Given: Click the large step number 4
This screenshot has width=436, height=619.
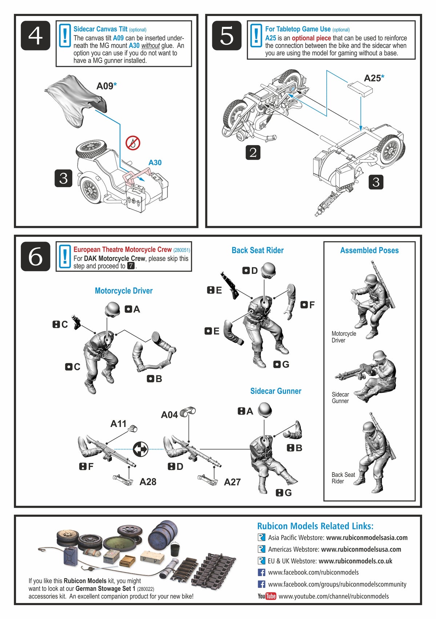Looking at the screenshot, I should (35, 36).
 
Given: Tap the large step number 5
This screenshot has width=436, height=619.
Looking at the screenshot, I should (227, 36).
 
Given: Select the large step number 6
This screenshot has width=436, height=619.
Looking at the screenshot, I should (35, 256).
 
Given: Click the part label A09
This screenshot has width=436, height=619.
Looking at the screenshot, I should (105, 86).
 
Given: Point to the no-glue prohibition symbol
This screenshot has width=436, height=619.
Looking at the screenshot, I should (133, 143).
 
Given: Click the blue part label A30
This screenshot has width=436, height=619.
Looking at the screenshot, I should (155, 163).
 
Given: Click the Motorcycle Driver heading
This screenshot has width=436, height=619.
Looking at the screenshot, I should (124, 291).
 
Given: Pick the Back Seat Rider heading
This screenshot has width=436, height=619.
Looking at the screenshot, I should (258, 250).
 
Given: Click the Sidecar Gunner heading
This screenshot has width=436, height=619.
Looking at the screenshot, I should (276, 391).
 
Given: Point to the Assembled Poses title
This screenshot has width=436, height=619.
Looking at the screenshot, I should (369, 250).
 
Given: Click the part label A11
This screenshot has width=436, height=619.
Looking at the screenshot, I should (118, 424).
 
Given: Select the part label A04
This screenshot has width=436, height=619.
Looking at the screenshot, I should (169, 415).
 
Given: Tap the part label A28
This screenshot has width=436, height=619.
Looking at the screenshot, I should (148, 482).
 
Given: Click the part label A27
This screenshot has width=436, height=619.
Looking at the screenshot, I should (232, 482).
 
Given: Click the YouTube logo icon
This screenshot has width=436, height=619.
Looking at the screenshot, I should (267, 596).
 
